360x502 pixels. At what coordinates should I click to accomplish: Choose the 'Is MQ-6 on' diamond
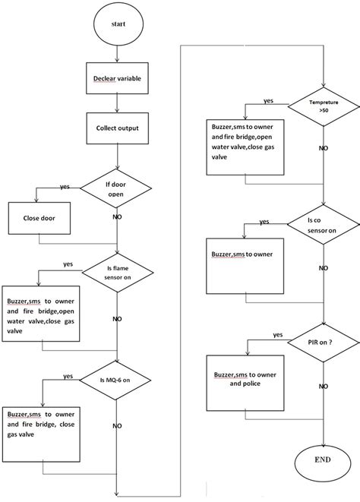point(117,379)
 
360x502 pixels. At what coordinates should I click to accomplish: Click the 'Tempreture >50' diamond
point(324,105)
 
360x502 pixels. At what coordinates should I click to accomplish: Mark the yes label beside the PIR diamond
point(278,335)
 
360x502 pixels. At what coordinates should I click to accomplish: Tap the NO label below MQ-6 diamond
point(117,425)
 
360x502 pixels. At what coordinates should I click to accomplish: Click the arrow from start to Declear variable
point(117,55)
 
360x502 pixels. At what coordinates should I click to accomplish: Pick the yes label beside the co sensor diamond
point(264,222)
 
